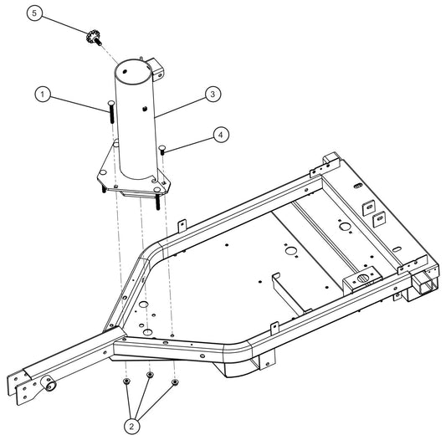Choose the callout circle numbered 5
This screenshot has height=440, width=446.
[33, 14]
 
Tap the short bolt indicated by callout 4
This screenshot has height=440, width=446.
[163, 150]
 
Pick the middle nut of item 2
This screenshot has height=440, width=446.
[151, 376]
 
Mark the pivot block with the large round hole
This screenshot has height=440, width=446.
[362, 278]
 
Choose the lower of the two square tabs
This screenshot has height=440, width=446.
[377, 220]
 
